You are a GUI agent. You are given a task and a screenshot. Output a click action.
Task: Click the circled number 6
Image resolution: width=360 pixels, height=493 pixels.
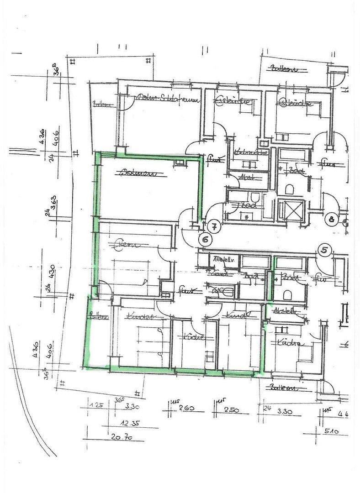tap(206, 239)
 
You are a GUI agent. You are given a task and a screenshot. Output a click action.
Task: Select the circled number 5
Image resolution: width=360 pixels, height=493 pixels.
tap(324, 250)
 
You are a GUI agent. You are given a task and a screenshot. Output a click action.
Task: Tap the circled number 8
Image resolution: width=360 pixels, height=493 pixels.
tap(332, 220)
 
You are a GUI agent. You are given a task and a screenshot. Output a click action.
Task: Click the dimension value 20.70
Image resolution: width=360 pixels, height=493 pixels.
tap(121, 437)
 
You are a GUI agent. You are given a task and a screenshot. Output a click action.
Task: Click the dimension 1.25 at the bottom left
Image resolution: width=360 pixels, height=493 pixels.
tap(96, 405)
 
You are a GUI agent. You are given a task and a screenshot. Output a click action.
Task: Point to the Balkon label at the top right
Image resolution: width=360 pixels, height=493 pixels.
tap(284, 69)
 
